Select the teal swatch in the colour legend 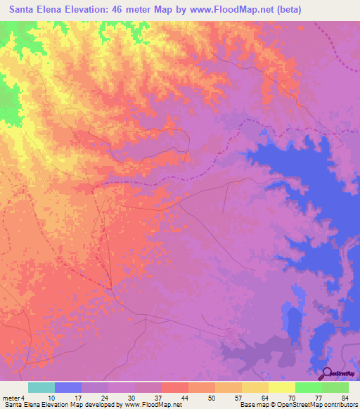tap(41, 387)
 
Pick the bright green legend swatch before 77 tap(308, 387)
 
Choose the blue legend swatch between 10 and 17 tap(68, 387)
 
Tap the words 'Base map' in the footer tap(254, 405)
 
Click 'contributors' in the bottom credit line tap(340, 405)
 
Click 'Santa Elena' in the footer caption tap(21, 405)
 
